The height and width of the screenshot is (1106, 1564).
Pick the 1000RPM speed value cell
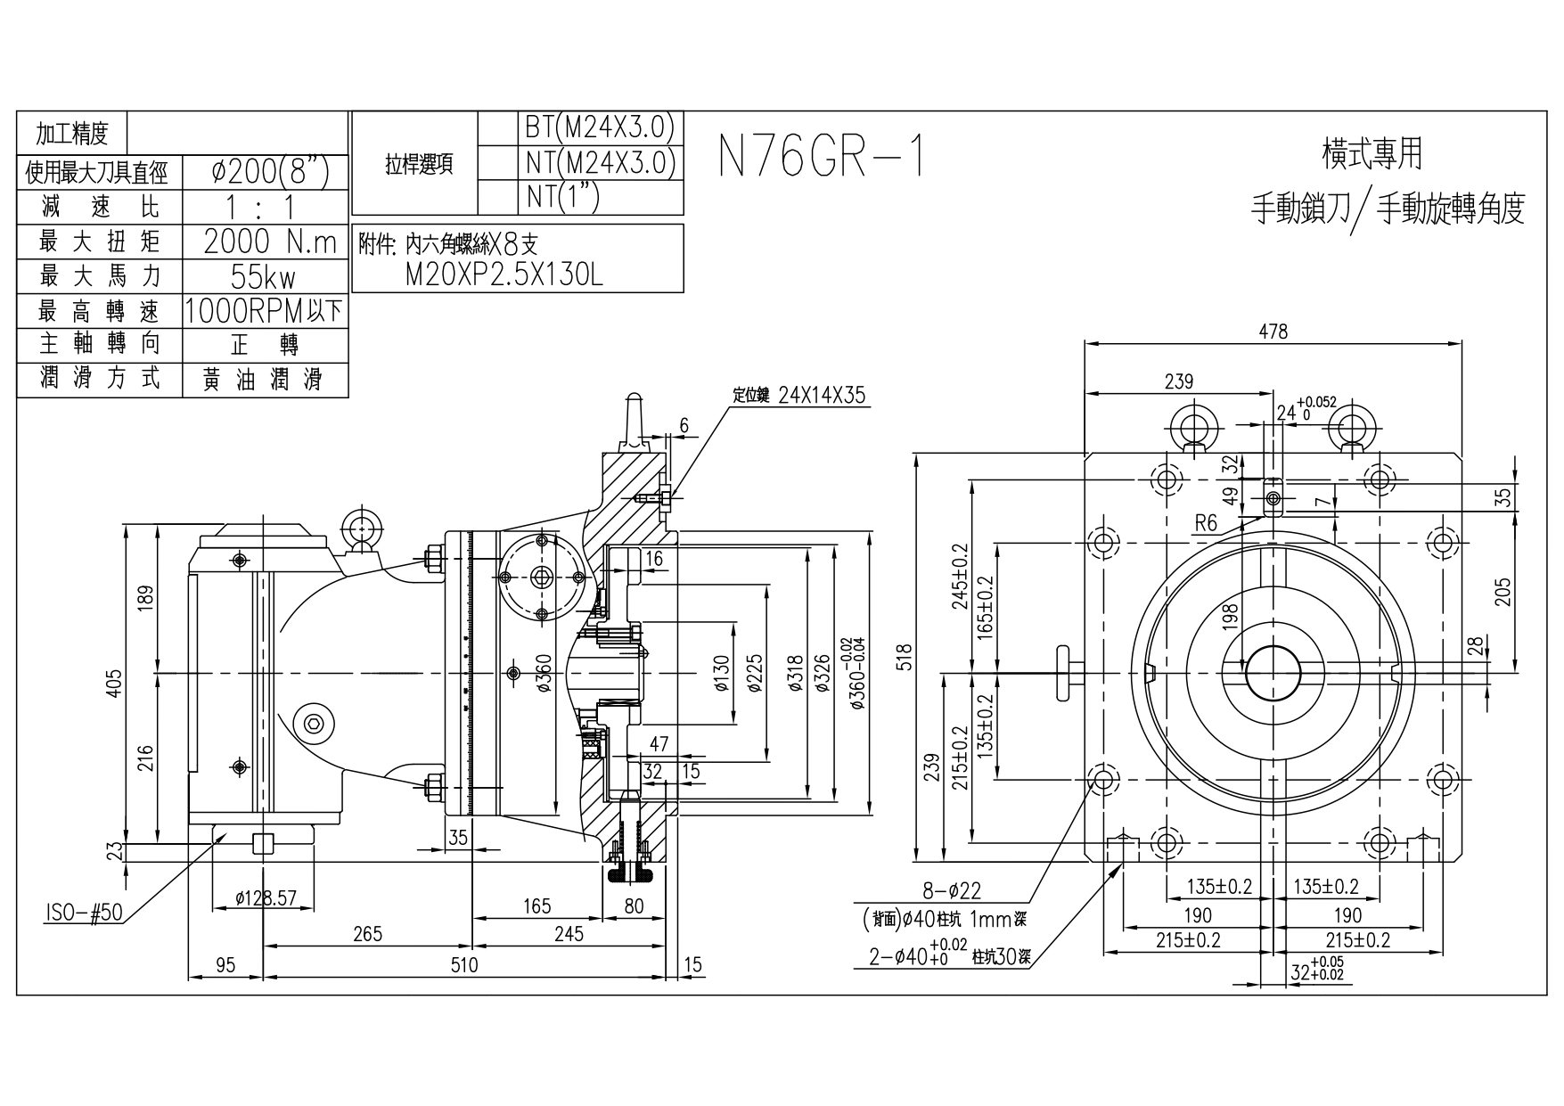click(x=264, y=311)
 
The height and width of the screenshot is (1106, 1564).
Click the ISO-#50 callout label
click(x=83, y=914)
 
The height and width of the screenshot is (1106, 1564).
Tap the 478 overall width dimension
click(x=1273, y=332)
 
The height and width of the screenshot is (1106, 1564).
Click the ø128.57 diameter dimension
click(x=265, y=898)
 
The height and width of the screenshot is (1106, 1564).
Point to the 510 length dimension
click(x=463, y=965)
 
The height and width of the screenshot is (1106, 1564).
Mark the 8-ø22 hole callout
click(x=951, y=890)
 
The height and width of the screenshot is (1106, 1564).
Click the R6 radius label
click(x=1205, y=523)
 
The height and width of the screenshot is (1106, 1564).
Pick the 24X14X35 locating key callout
click(x=821, y=396)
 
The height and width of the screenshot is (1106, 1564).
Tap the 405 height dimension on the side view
click(x=114, y=684)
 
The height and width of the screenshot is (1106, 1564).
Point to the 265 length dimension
click(x=366, y=934)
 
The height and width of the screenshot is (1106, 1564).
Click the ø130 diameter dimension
click(x=721, y=675)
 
